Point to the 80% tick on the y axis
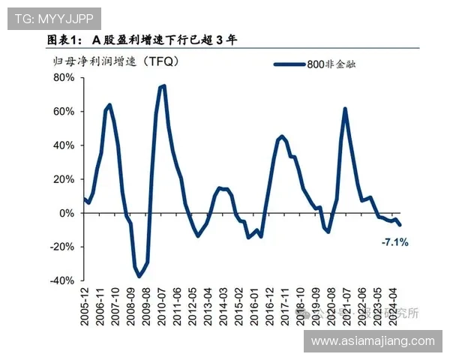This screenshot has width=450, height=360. pos(64,78)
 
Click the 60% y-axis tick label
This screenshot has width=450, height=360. pos(64,112)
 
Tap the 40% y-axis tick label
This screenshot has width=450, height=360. pos(64,145)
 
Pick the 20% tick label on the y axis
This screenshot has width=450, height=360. pos(64,179)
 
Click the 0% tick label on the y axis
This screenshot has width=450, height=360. pos(67,213)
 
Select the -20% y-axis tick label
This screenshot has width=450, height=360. pos(62,247)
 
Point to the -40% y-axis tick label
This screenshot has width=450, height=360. pos(62,280)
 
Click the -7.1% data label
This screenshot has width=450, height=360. pos(394,242)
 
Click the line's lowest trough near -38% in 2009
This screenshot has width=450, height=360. pos(139,277)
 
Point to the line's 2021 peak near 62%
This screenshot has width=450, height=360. pos(345,109)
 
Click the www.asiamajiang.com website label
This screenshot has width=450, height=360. pos(373,341)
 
